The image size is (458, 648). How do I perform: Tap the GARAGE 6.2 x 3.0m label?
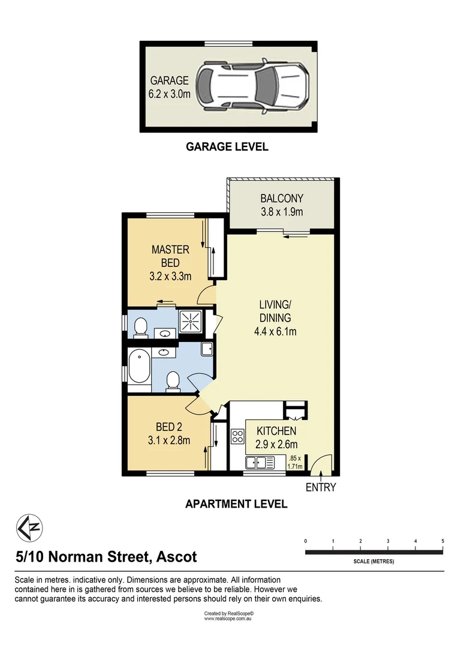click(x=169, y=86)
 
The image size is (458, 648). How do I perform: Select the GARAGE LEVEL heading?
click(x=227, y=146)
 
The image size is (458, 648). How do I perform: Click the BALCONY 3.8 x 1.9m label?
click(x=281, y=205)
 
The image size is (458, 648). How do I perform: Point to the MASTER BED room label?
click(x=170, y=256)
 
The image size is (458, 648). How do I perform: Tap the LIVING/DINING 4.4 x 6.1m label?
click(x=275, y=318)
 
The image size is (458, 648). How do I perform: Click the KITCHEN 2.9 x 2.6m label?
click(x=276, y=437)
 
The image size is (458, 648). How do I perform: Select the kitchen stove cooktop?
click(x=238, y=436)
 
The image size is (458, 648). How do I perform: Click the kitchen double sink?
click(x=260, y=463)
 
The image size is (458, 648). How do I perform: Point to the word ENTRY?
click(x=321, y=487)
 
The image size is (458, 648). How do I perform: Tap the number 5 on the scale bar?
click(x=442, y=541)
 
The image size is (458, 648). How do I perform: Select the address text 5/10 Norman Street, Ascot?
click(x=106, y=557)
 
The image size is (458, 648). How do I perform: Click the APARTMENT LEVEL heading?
click(x=236, y=504)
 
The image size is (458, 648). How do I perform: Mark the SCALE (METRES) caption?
click(x=373, y=562)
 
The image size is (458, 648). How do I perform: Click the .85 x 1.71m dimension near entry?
click(x=295, y=460)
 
